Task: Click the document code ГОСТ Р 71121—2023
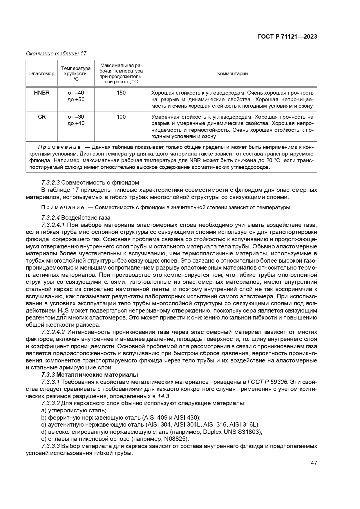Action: (x=287, y=37)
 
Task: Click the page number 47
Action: (x=314, y=463)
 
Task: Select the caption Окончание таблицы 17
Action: (x=56, y=54)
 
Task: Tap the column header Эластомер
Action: (x=42, y=73)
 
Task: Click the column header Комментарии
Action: (x=232, y=73)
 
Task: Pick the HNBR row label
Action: (x=42, y=93)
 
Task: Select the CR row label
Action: (x=42, y=117)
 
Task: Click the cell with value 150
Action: (x=121, y=93)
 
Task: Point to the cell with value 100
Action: (x=121, y=117)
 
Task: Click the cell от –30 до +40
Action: (x=76, y=120)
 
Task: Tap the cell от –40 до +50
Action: (x=76, y=96)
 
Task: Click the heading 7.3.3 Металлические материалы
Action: (x=90, y=375)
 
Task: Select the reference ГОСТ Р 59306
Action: (x=269, y=382)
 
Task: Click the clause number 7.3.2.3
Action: (x=51, y=183)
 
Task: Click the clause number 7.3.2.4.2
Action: (x=53, y=332)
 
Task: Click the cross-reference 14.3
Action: (x=164, y=396)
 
